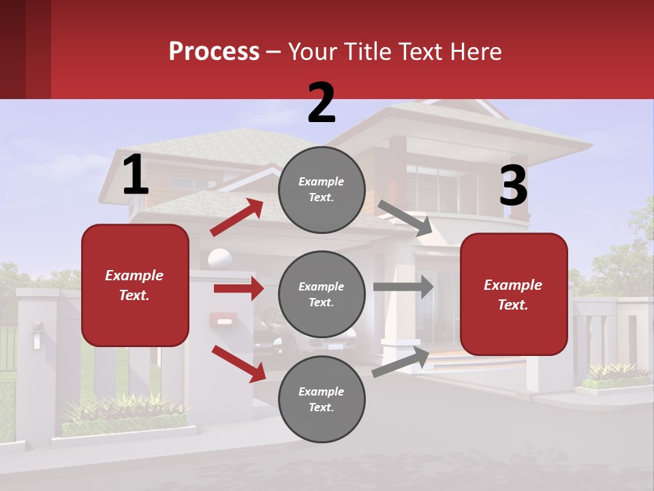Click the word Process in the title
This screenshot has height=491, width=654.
point(214,51)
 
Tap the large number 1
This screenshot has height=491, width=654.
point(136,175)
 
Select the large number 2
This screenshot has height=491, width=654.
point(322,103)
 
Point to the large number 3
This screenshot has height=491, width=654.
point(513,186)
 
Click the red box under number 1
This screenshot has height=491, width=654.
point(135,285)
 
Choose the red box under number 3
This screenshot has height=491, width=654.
point(514,295)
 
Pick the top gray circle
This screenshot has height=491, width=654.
point(322,190)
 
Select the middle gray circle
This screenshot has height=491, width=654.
point(322,294)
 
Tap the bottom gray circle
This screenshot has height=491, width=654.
point(322,399)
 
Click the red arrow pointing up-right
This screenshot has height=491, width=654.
point(237,218)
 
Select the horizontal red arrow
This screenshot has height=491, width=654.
point(238,288)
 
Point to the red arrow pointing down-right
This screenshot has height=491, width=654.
point(238,363)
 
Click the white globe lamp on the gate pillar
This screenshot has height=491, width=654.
point(219,260)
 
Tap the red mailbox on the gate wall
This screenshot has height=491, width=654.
point(223,318)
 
